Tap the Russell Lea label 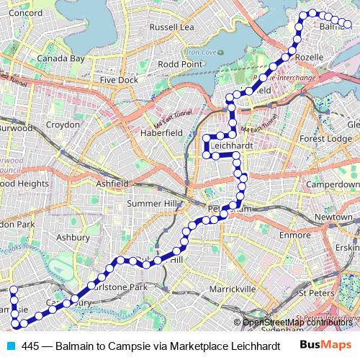click(x=171, y=27)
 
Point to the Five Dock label click(x=119, y=80)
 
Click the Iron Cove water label click(x=202, y=52)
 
